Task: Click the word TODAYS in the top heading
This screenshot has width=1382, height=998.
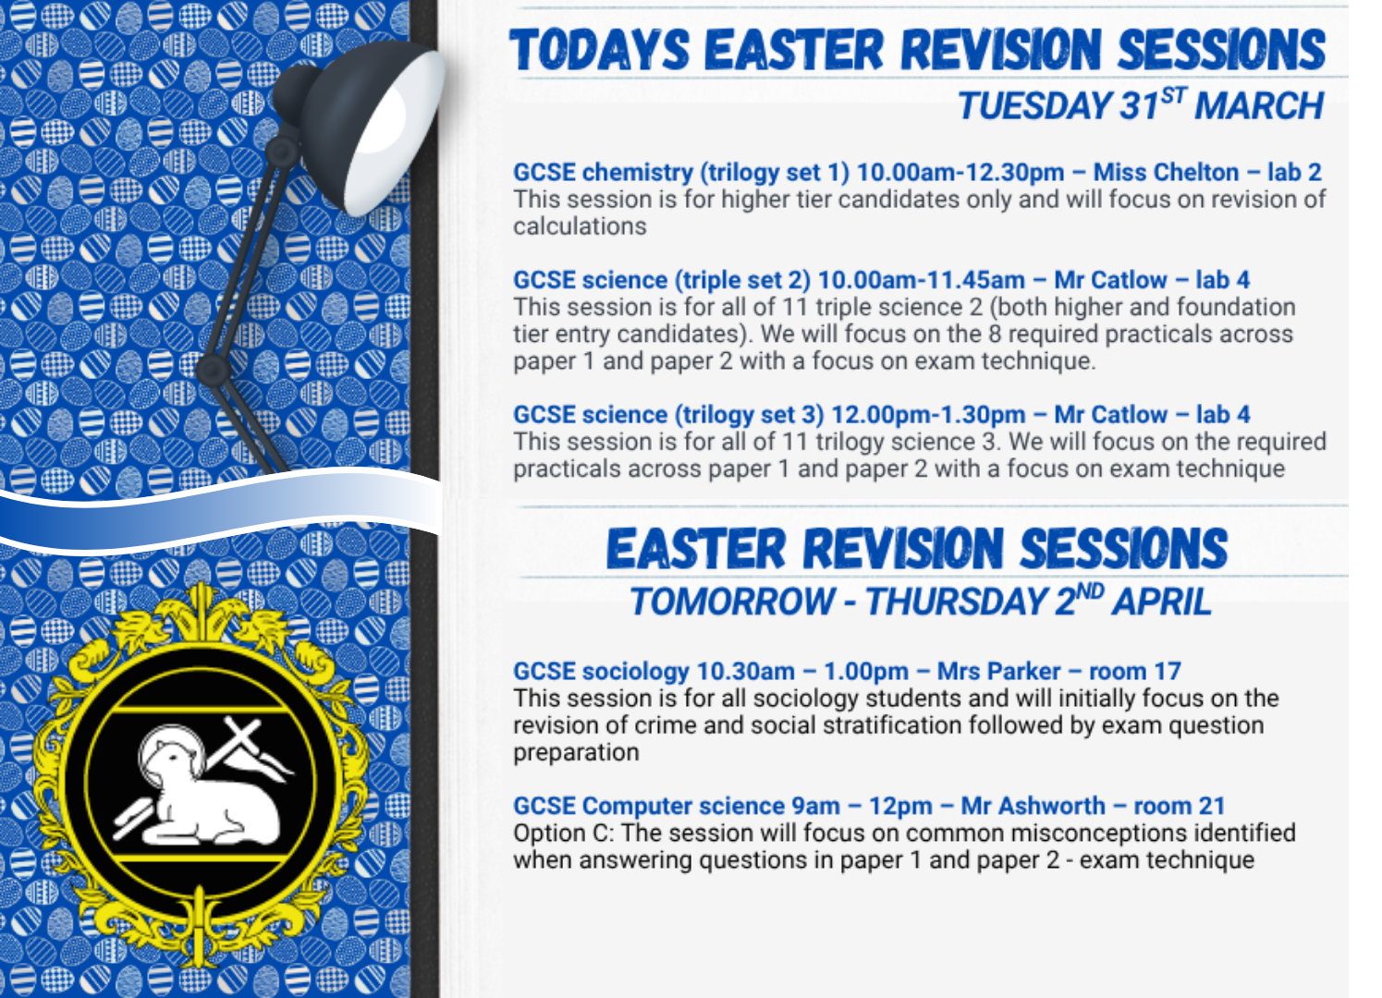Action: [598, 49]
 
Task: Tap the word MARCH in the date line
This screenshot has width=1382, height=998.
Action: [1259, 105]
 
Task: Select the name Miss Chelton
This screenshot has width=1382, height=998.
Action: [1166, 172]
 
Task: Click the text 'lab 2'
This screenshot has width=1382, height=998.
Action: [1294, 172]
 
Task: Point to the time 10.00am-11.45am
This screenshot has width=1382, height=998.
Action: [921, 280]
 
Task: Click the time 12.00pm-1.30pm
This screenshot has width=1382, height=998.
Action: [928, 415]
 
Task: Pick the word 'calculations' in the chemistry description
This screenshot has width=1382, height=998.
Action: [580, 226]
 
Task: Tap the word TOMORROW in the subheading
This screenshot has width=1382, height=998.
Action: [732, 602]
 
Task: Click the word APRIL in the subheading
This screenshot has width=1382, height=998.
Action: [1162, 602]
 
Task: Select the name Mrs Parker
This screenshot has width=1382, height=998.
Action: [999, 671]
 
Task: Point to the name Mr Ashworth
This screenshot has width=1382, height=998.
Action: [1033, 806]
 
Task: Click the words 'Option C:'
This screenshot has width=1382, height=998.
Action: [563, 833]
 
